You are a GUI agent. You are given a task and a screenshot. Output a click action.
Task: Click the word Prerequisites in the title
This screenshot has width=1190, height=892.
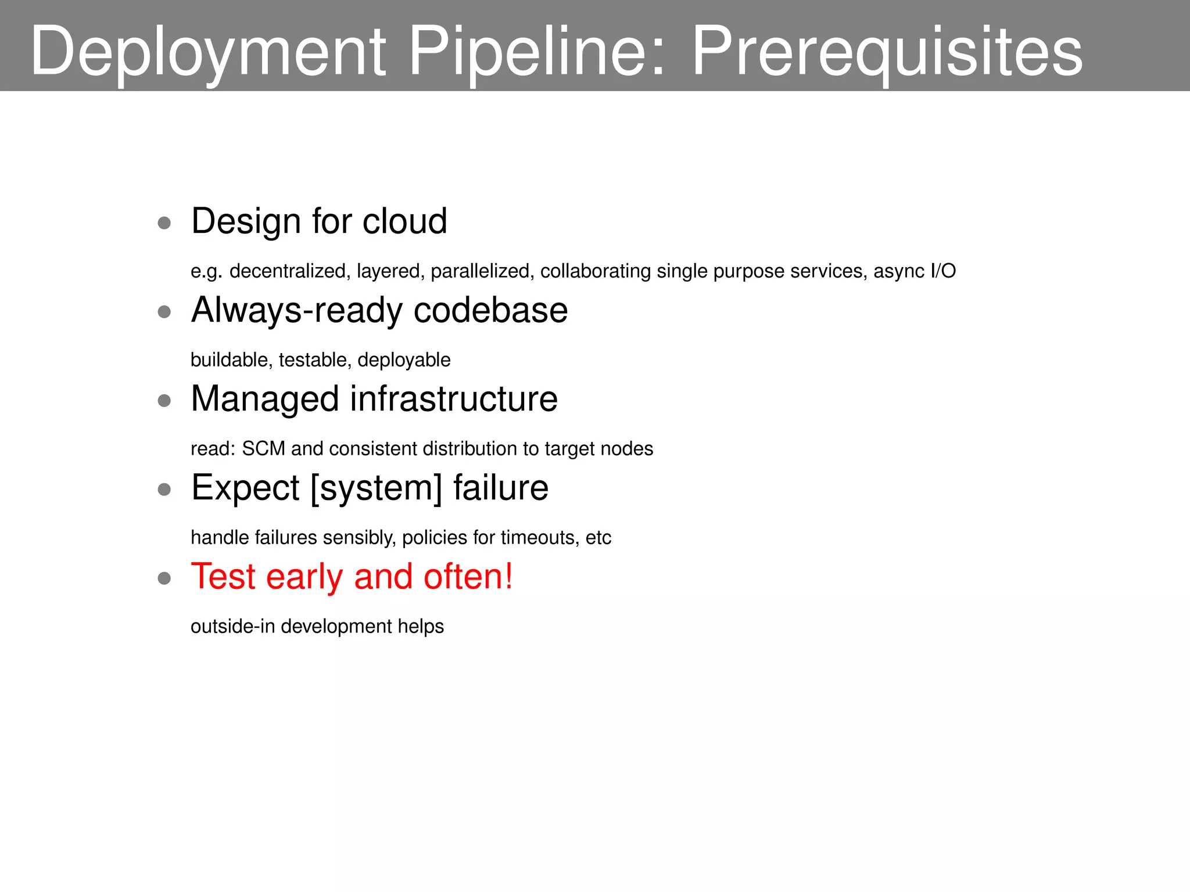(x=887, y=52)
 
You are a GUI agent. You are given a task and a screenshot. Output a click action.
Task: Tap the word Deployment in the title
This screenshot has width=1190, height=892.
(x=208, y=52)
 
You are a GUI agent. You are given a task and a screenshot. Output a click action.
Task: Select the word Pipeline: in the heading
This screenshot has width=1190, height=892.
(x=537, y=52)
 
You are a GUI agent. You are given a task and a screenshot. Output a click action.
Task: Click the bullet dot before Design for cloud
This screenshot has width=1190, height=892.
(x=164, y=223)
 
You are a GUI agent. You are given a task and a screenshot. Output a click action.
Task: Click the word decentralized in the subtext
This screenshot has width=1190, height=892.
(x=287, y=271)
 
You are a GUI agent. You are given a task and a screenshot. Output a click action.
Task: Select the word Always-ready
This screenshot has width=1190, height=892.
(x=296, y=311)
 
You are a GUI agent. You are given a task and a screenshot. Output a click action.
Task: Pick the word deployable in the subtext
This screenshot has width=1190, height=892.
(x=404, y=360)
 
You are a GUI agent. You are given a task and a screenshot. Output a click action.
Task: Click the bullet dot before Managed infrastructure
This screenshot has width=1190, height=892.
(x=164, y=401)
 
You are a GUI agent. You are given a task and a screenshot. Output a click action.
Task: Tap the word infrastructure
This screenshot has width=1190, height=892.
(x=454, y=399)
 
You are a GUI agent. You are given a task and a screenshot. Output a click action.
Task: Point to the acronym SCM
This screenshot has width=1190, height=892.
(x=263, y=449)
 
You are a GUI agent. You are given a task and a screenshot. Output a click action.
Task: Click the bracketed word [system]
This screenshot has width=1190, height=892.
(x=377, y=488)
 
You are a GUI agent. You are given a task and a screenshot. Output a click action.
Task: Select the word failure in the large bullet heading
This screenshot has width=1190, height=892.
(x=501, y=488)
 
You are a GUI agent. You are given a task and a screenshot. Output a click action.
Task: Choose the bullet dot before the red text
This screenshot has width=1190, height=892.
(x=164, y=578)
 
